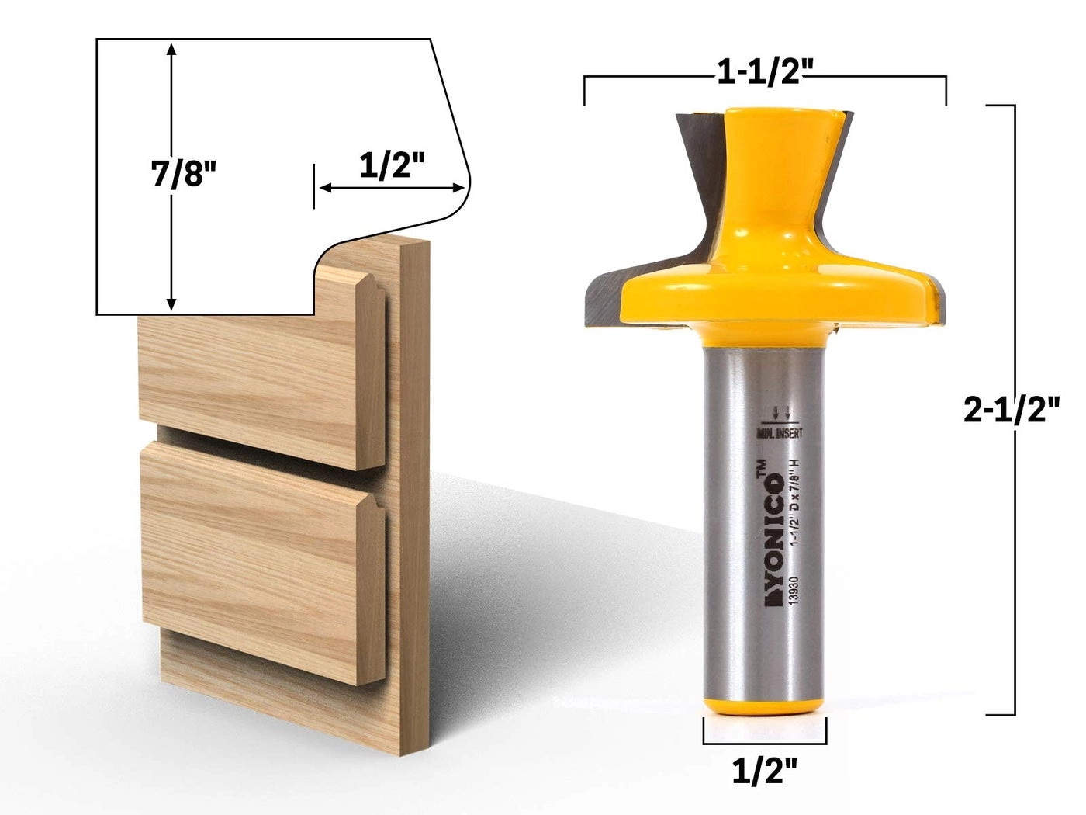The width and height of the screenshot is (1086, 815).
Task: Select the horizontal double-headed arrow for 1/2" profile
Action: (392, 188)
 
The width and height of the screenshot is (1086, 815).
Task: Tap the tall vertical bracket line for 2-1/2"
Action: (1013, 543)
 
